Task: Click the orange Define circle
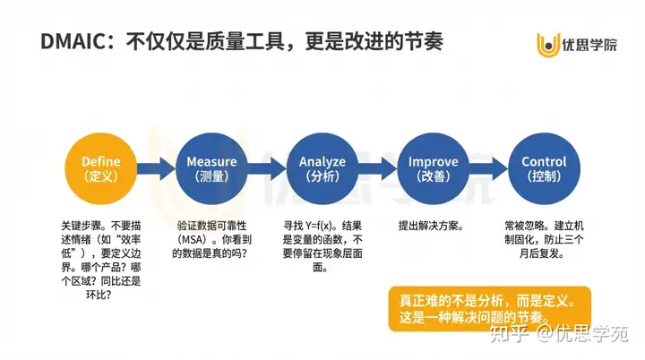100,168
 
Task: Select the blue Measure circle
211,168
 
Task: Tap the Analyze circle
322,168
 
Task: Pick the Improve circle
434,168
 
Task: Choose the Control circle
544,168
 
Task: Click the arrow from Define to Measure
156,168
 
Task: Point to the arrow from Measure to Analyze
267,168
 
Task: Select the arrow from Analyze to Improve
378,168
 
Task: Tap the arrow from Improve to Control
489,168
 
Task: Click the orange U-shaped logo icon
546,42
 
